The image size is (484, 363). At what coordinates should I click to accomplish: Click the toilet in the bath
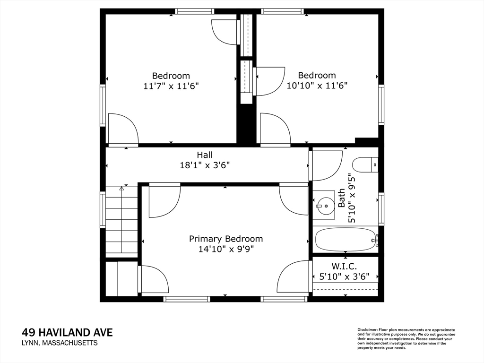point(365,165)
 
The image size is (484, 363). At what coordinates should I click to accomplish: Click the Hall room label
point(205,155)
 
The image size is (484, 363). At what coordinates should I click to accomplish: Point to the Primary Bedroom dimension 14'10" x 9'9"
point(226,249)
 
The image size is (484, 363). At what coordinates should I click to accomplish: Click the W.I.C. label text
point(345,266)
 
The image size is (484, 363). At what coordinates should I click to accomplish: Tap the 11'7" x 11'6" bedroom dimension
point(171,86)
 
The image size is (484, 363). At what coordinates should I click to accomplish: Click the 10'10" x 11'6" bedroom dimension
point(317,85)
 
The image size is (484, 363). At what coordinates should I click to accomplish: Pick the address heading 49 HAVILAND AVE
point(67,332)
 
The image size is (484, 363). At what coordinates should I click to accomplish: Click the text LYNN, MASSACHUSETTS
point(60,343)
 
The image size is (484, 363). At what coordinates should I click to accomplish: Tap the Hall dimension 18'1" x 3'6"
point(205,165)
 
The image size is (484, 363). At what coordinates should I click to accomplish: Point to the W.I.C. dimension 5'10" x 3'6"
point(345,277)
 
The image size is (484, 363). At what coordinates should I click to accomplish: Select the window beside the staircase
point(103,209)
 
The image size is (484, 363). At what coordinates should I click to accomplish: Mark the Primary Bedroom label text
point(226,239)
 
